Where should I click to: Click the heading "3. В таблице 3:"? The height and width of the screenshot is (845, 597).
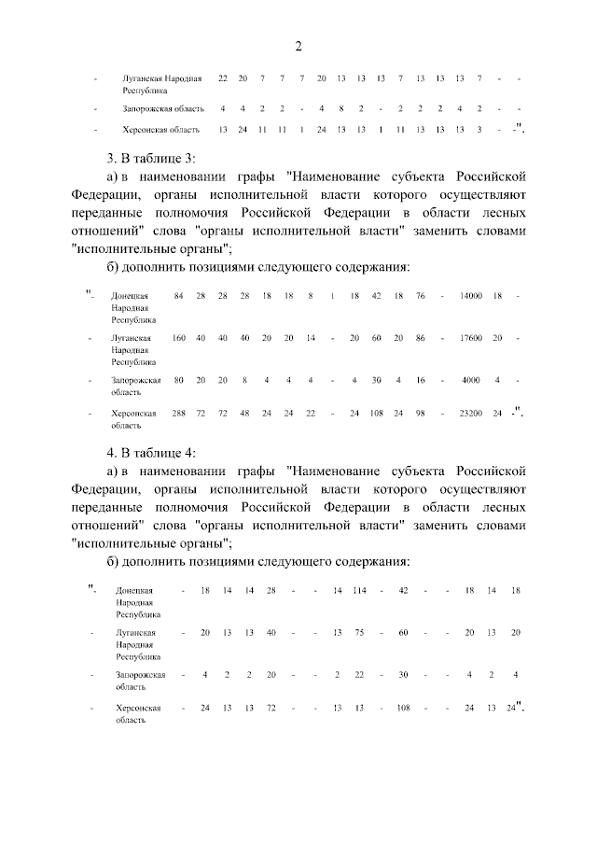151,156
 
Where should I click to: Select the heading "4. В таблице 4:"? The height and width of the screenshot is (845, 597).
151,453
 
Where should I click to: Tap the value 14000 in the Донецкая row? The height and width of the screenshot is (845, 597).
470,296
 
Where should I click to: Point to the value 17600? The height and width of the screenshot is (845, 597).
470,337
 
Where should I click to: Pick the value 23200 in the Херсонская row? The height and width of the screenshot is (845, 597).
470,412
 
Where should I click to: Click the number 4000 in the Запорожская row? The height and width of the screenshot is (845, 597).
470,379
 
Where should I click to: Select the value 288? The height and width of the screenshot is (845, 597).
179,412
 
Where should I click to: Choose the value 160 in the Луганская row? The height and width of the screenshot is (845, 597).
179,337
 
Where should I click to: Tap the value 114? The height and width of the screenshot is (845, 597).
360,591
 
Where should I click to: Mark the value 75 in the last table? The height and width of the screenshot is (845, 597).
359,632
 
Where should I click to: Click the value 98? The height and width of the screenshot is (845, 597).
421,412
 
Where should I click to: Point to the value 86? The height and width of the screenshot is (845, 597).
421,337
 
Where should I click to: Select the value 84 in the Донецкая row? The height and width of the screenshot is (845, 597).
179,296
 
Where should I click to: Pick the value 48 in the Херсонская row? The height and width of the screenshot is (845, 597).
244,412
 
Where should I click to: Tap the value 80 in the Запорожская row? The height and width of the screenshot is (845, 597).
179,379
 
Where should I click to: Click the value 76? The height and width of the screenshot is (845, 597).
421,296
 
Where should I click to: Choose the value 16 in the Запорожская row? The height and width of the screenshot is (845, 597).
421,379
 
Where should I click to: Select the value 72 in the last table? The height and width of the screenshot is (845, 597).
271,708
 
